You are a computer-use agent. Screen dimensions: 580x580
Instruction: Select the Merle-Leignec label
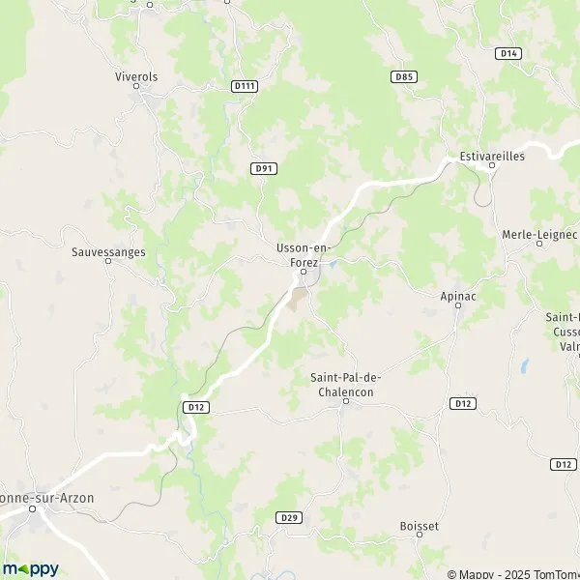tap(539, 234)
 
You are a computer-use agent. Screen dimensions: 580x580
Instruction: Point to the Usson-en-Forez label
tap(303, 253)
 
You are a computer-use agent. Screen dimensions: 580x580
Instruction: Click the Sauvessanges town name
tap(108, 252)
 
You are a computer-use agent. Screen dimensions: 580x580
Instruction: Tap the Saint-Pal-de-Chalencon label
tap(341, 385)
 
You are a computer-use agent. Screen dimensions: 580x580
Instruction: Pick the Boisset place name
tap(420, 526)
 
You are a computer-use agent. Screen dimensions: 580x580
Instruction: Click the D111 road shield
tap(245, 86)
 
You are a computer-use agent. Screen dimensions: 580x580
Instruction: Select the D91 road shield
tap(264, 168)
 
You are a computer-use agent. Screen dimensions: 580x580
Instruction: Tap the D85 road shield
tap(404, 76)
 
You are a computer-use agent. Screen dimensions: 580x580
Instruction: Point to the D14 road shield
tap(508, 53)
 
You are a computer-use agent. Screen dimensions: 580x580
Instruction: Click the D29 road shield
tap(289, 518)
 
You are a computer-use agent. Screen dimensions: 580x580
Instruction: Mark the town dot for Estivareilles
tap(491, 165)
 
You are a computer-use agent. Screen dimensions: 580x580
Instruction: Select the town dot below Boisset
tap(420, 539)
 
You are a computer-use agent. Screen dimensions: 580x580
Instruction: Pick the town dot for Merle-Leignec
tap(539, 246)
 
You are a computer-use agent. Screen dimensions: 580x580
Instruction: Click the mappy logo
tap(30, 568)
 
